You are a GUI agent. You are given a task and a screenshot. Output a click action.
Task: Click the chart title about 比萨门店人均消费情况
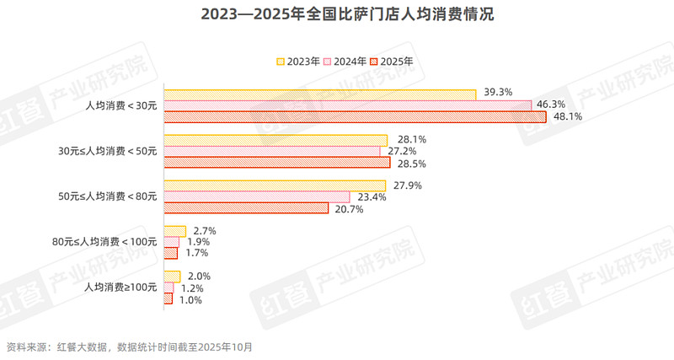click(336, 16)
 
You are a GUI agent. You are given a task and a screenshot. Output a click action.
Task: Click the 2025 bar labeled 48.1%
click(355, 116)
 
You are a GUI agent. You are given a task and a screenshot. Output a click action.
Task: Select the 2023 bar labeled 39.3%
click(320, 94)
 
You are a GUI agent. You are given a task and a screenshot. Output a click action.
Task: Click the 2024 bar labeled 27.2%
click(272, 151)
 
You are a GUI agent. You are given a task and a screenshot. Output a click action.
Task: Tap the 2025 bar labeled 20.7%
click(245, 208)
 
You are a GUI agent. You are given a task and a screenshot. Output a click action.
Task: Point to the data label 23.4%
click(372, 197)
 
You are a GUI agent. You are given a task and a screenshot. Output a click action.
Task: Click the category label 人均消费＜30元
click(121, 105)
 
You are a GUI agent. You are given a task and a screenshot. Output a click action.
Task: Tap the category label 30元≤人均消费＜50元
click(106, 151)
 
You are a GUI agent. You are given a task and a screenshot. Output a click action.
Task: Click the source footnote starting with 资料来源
click(129, 347)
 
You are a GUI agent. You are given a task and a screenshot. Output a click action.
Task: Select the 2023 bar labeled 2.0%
click(172, 277)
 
